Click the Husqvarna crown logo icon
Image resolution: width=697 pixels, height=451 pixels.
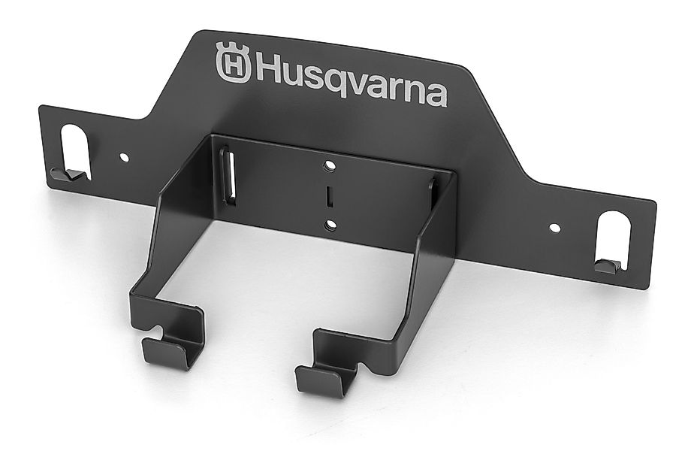coord(234,64)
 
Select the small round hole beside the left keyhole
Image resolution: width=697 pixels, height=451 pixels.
coord(123,157)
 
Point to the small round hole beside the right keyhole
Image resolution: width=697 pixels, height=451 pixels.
coord(554,226)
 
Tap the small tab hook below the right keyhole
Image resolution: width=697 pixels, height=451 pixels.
coord(608,265)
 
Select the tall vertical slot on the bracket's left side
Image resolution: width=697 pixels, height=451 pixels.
coord(230,177)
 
